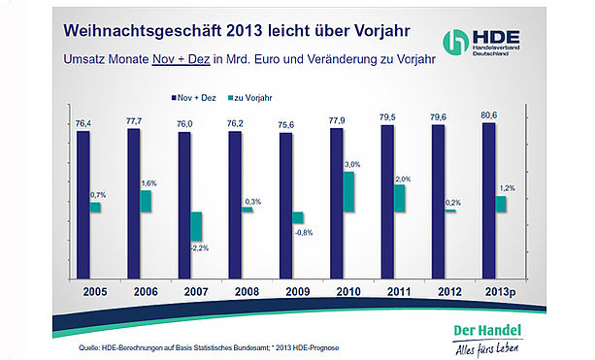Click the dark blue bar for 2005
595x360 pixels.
(x=83, y=205)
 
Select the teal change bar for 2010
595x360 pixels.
(x=348, y=192)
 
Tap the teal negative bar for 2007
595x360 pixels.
(x=196, y=226)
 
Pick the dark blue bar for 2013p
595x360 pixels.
(x=489, y=201)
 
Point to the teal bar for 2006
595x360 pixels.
(x=146, y=202)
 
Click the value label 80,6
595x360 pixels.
(x=489, y=115)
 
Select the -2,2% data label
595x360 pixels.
(x=199, y=248)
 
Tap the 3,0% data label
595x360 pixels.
(x=352, y=165)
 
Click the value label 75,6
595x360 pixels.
(x=285, y=125)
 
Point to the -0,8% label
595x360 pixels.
(x=304, y=233)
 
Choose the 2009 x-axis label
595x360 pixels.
(x=298, y=292)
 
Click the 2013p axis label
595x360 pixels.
(x=501, y=292)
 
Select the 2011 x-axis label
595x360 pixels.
(x=399, y=292)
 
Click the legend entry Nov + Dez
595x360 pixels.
(x=193, y=98)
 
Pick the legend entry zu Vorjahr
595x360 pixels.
(x=250, y=98)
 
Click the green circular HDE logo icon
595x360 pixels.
(x=456, y=42)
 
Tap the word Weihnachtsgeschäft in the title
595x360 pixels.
(x=142, y=31)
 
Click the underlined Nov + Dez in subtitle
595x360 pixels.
(x=181, y=60)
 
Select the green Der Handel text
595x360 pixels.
(x=487, y=331)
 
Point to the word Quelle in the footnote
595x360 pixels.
(x=88, y=347)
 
